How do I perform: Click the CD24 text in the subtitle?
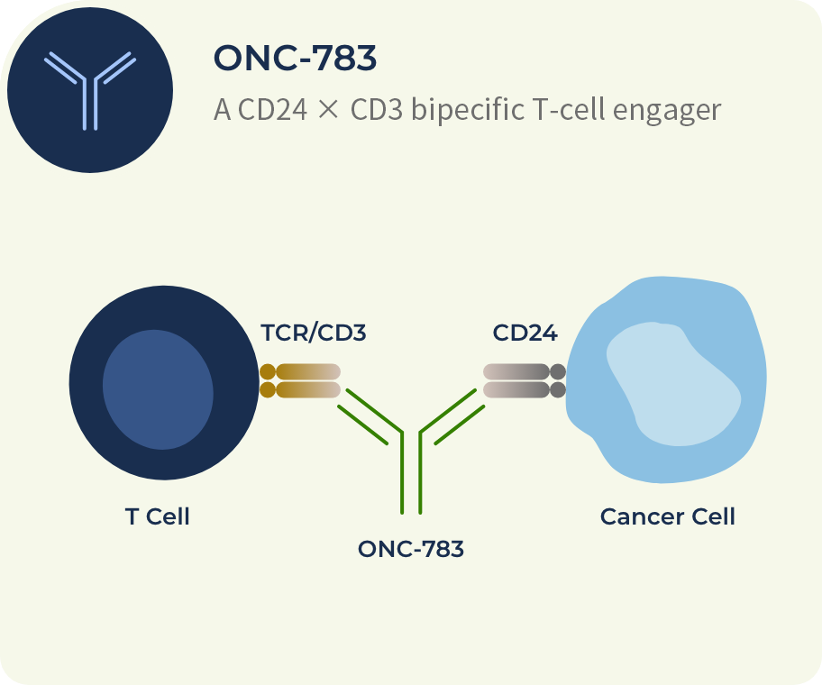(x=265, y=110)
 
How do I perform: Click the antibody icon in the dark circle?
(x=90, y=89)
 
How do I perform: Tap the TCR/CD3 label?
(x=314, y=333)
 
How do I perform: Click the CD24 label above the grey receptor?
(x=525, y=333)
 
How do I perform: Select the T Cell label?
(x=157, y=516)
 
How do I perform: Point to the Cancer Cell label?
(x=667, y=516)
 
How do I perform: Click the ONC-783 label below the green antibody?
(x=410, y=548)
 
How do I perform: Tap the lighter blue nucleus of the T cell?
(x=158, y=389)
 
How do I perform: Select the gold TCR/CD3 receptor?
(x=300, y=380)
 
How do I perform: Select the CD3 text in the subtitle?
(x=372, y=110)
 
